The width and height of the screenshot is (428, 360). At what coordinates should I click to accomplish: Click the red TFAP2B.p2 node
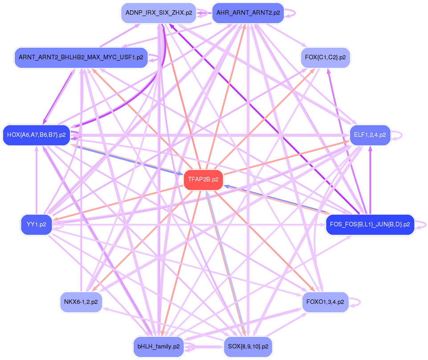coord(203,180)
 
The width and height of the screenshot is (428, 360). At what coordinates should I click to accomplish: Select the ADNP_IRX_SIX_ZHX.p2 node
coord(159,13)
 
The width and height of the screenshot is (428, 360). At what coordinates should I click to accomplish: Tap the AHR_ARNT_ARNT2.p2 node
coord(248,13)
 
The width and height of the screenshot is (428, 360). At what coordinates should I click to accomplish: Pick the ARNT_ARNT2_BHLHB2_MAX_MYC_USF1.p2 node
coord(81,57)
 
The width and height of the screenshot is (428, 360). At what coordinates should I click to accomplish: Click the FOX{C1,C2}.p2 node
coord(326,57)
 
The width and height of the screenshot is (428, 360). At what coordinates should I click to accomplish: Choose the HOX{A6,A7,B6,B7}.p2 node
coord(36,135)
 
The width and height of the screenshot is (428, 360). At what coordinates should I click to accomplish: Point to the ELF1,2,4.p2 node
coord(370,135)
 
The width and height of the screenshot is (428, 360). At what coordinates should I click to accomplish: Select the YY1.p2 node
coord(36,224)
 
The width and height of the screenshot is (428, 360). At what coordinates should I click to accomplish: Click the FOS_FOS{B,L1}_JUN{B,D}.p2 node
coord(370,224)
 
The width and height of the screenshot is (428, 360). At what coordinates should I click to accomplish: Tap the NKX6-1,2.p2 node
coord(81,302)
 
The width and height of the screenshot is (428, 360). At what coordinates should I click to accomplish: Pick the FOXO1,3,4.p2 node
coord(325,302)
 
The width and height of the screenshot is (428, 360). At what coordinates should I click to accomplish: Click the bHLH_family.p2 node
coord(159,346)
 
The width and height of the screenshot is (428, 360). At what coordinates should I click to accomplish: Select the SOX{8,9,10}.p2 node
coord(248,346)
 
